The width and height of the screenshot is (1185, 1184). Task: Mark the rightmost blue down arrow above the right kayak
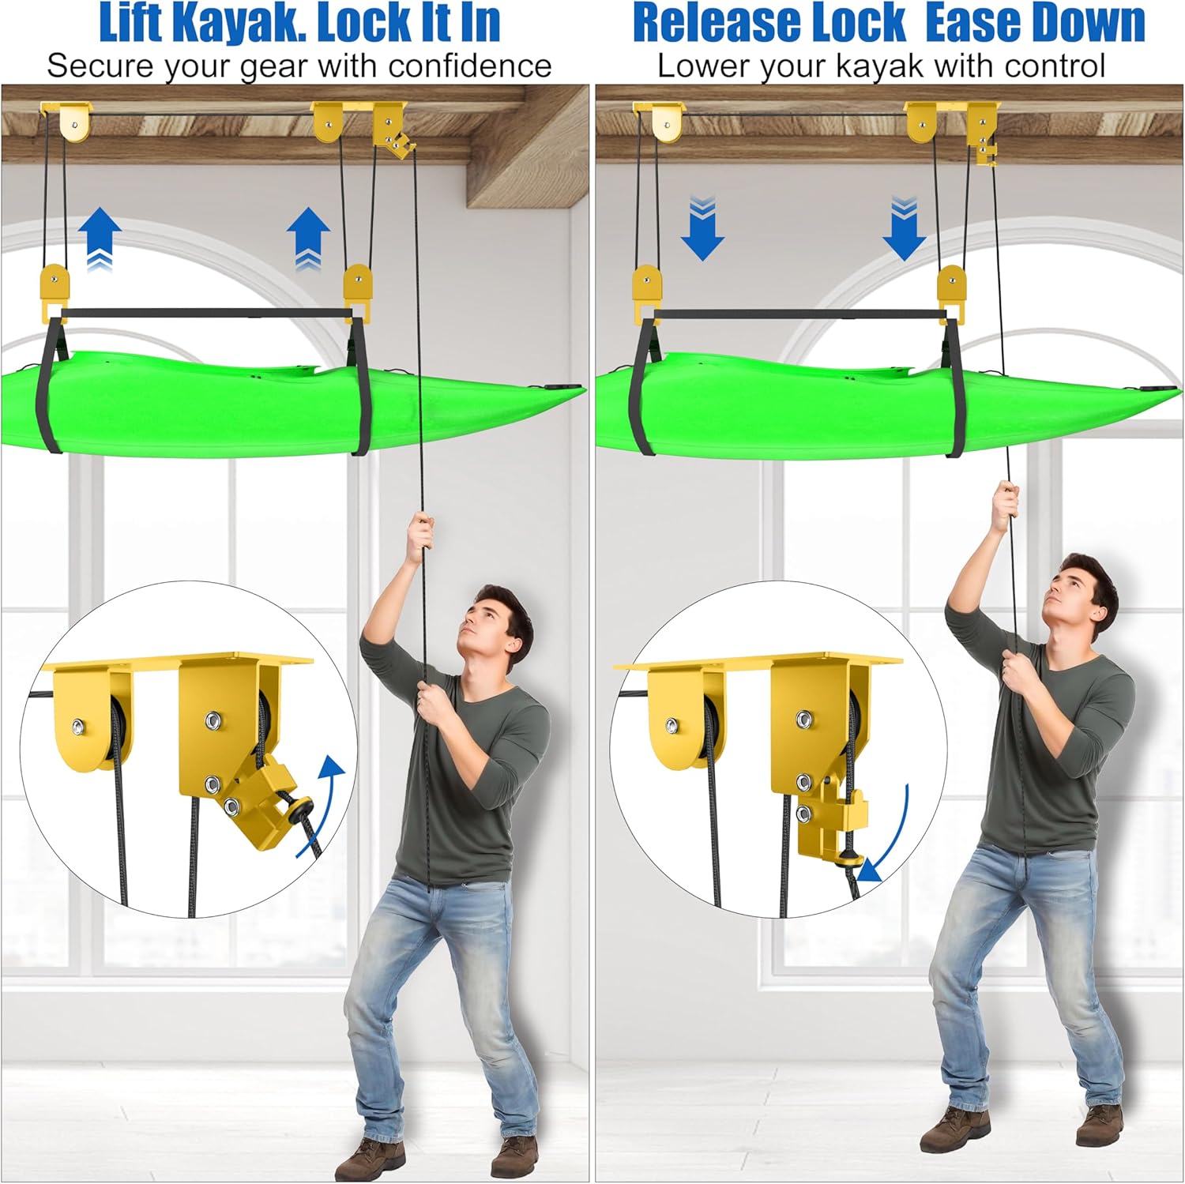tap(905, 229)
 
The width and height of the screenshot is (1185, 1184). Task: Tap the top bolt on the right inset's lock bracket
tap(805, 719)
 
